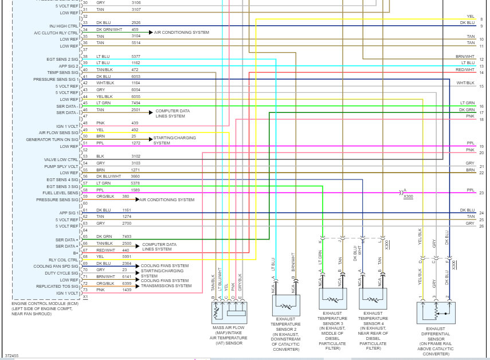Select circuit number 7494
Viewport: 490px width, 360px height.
(x=135, y=103)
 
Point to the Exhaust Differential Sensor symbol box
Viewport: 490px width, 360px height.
(x=436, y=313)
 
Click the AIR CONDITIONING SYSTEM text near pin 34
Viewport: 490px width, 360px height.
(x=181, y=33)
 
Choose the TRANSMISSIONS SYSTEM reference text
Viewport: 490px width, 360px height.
(x=166, y=285)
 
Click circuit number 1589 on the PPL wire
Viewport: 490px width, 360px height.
(x=135, y=190)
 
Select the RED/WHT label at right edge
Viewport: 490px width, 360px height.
(x=465, y=69)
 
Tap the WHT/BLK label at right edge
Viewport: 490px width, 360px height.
(x=465, y=83)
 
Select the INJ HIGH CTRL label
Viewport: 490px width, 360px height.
(x=64, y=26)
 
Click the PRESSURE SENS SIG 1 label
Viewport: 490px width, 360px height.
(x=56, y=79)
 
